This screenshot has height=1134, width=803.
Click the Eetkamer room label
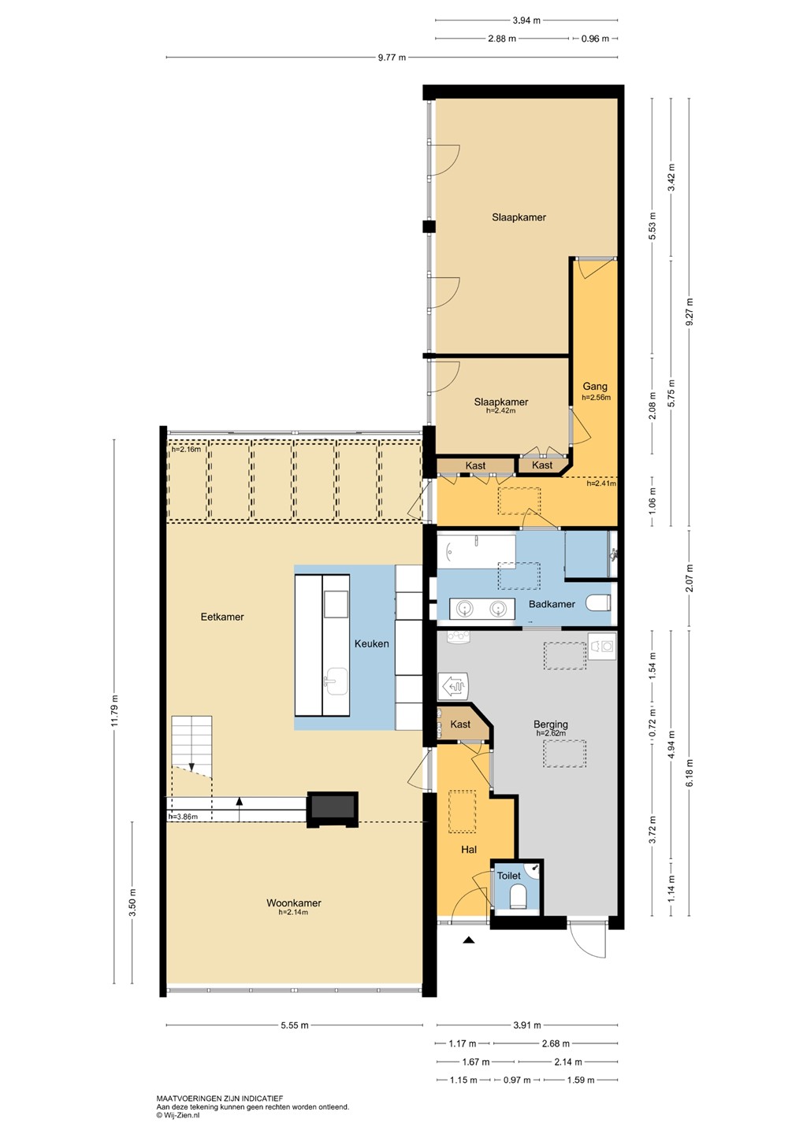click(222, 617)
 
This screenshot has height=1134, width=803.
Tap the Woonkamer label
click(294, 902)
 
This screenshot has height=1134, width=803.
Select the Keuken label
click(371, 643)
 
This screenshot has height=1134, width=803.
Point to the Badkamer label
click(552, 604)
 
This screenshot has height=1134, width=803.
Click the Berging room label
click(551, 724)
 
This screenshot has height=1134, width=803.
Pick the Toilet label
click(508, 876)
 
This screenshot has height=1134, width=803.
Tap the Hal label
click(469, 850)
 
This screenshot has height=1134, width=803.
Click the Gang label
click(595, 386)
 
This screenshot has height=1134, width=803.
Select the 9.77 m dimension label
click(392, 57)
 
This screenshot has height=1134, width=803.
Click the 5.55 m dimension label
click(295, 1025)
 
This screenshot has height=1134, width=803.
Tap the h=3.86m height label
click(183, 817)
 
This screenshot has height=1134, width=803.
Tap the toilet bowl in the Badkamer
click(598, 603)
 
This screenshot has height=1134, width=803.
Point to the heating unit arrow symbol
click(455, 686)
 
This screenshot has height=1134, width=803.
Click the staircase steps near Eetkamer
click(191, 742)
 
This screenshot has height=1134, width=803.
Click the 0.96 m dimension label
click(595, 39)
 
